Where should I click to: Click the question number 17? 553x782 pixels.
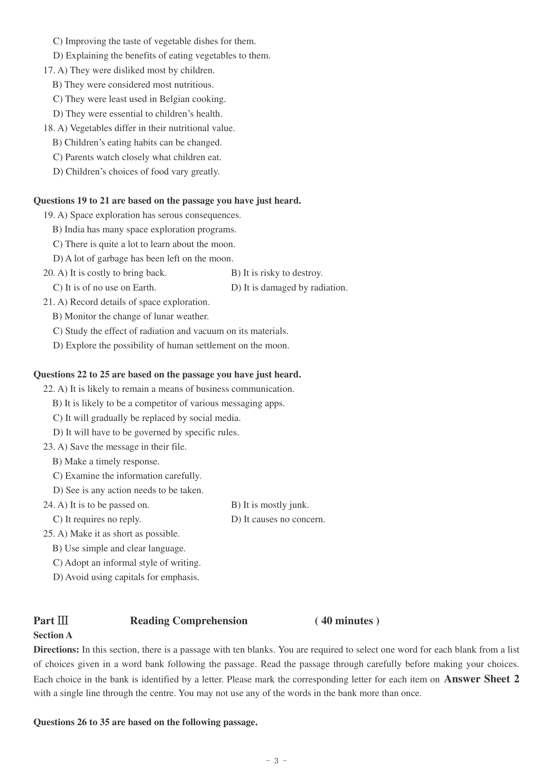click(x=49, y=70)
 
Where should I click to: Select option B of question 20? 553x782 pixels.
click(x=276, y=273)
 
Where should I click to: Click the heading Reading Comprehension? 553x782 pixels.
click(x=189, y=621)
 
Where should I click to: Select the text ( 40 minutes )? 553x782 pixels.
click(x=347, y=621)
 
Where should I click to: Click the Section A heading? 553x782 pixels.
click(x=53, y=635)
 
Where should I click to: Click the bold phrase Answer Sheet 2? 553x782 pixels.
click(x=481, y=679)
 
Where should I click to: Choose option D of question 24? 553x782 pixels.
click(x=278, y=520)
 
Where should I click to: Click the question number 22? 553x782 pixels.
click(x=49, y=389)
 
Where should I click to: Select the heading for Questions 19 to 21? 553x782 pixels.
click(x=167, y=201)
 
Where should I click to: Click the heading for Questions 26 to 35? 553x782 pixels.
click(x=145, y=722)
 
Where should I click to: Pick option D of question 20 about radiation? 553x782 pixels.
click(x=289, y=288)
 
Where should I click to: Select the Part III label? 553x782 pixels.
click(x=51, y=621)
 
